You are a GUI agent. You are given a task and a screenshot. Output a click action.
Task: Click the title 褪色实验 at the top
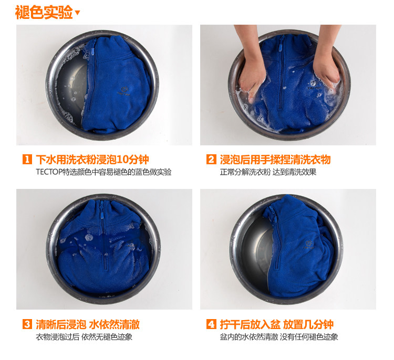coord(44,12)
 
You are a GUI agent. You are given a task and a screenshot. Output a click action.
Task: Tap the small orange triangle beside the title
coord(77,13)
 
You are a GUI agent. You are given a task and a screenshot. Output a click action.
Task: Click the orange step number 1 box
coord(27,159)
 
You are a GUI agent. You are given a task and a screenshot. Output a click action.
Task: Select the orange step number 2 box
coord(211,159)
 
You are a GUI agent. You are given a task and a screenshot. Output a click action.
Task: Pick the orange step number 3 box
coord(27,324)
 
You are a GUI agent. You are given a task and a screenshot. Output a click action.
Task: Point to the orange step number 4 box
coord(211,324)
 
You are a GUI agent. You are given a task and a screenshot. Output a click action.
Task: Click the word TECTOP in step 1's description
coord(49,172)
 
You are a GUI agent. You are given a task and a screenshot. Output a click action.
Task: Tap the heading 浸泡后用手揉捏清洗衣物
coord(275,160)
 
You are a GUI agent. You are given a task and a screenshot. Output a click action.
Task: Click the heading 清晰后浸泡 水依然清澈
coord(87,324)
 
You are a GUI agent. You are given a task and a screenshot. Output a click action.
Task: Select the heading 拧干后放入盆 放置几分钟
coord(276,324)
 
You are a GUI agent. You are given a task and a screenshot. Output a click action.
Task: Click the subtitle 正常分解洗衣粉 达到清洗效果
coord(268,172)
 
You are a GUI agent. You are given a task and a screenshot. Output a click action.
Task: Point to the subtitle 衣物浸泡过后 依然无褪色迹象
coord(84,337)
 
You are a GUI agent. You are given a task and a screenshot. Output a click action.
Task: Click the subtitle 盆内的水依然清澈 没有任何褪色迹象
coord(278,337)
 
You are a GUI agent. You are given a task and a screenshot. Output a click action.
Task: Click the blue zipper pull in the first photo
coord(93,52)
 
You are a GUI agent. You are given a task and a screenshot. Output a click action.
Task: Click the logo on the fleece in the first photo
coord(124,91)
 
